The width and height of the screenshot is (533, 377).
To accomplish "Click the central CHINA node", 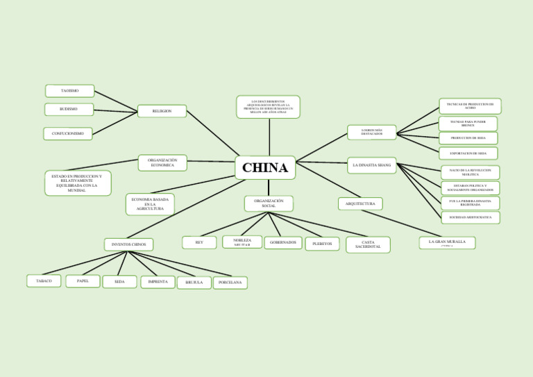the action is click(x=265, y=167).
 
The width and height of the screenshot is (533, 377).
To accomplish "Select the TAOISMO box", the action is click(x=69, y=91).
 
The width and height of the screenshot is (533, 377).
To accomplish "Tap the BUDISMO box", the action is click(x=69, y=109).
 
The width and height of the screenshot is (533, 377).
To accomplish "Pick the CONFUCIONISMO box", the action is click(x=67, y=133).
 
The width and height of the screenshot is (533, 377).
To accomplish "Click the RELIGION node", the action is click(x=162, y=111).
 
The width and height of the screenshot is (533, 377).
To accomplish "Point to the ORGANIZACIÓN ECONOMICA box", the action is click(x=162, y=162).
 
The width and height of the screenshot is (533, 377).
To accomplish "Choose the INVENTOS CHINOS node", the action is click(x=128, y=244).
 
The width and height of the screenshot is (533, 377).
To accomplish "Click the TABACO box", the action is click(x=44, y=281).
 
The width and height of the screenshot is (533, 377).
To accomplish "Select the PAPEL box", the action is click(x=83, y=281).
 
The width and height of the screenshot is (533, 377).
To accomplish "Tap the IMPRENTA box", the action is click(x=158, y=282).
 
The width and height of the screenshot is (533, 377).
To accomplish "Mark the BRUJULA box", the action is click(x=194, y=283).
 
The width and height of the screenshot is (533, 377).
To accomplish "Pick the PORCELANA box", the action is click(x=230, y=283).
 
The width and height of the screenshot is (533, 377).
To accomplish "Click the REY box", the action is click(x=199, y=242).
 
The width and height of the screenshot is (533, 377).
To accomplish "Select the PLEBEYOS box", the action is click(x=322, y=244).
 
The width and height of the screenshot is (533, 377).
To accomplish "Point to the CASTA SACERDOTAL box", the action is click(x=368, y=244).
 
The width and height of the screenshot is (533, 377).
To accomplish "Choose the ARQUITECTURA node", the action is click(x=360, y=204).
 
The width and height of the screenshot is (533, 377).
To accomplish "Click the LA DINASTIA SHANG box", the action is click(x=371, y=165).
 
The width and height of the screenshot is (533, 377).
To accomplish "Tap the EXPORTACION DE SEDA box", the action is click(x=468, y=153).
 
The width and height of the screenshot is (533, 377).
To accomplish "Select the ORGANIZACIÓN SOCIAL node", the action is click(x=269, y=203).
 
